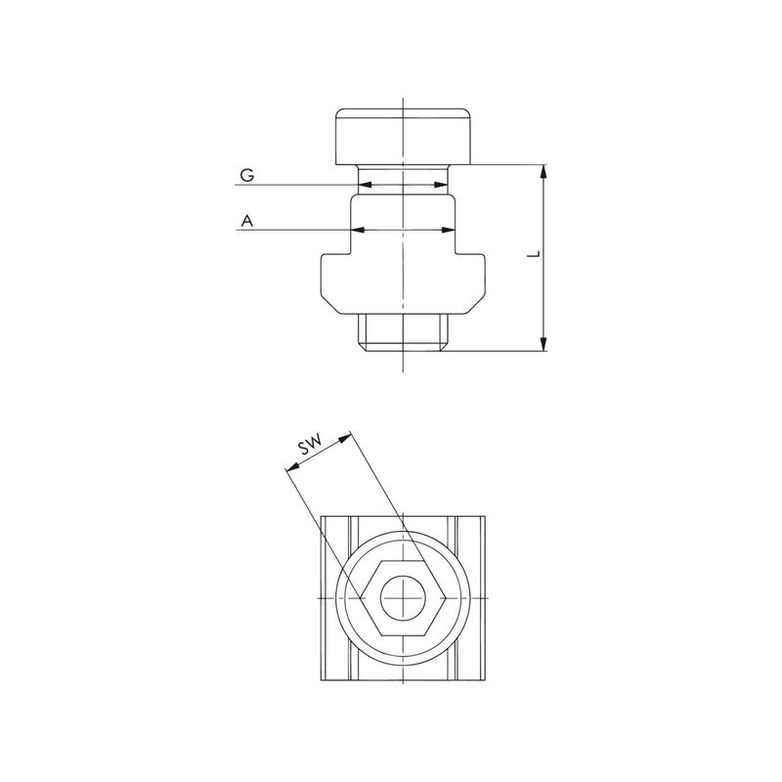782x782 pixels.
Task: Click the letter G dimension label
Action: coord(247,175)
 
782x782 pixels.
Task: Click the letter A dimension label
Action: coord(247,221)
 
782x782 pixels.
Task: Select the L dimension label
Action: coord(534,254)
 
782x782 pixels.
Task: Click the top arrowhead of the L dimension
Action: coord(543,171)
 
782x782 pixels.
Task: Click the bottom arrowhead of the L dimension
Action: coord(543,344)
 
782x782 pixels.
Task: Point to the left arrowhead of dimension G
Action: coord(365,185)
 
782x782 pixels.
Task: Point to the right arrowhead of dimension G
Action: coord(442,185)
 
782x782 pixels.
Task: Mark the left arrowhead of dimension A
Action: coord(358,230)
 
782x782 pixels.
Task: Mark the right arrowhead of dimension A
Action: coord(449,230)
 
